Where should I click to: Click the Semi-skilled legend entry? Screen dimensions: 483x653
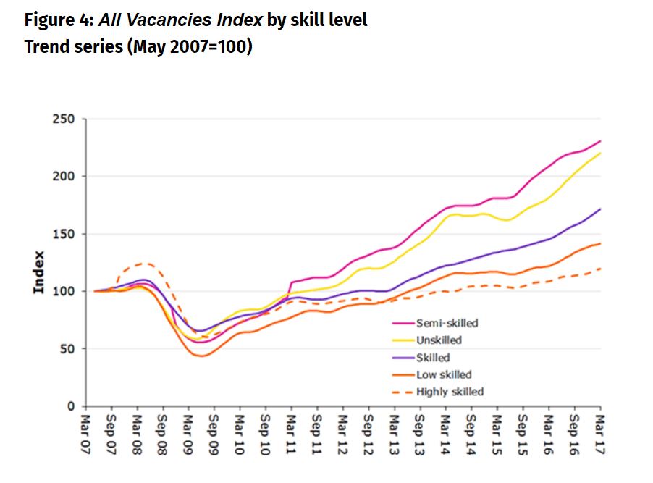point(447,323)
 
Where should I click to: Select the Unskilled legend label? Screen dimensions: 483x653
point(438,340)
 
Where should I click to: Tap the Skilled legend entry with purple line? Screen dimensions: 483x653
point(432,358)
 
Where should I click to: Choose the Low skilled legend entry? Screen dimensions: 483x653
point(443,374)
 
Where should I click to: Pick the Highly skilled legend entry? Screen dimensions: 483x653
point(449,392)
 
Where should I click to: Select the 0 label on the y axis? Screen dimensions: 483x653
point(72,406)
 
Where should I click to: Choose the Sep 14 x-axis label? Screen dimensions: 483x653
point(471,434)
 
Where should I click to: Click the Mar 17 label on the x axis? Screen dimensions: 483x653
point(599,434)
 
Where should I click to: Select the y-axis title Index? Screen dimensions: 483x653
point(39,272)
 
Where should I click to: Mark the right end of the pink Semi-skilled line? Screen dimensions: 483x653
point(600,141)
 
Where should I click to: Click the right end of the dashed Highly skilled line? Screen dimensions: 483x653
point(600,269)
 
